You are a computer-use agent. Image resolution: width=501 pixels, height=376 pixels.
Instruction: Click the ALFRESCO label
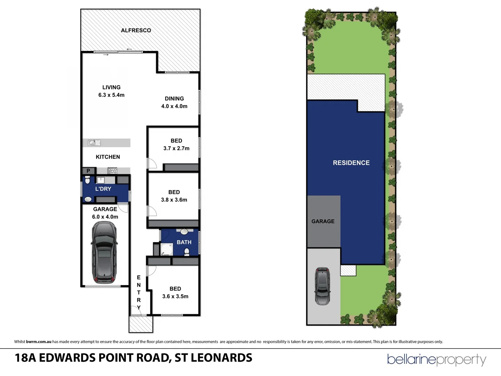coord(136,30)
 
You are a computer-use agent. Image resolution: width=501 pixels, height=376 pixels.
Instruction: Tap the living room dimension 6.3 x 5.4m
coord(111,95)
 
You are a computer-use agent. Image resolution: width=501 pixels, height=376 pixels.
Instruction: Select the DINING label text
coord(174,99)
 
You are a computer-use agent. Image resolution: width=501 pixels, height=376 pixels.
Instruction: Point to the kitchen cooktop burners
coord(112,171)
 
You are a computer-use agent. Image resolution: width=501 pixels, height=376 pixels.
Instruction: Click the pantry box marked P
coord(88,171)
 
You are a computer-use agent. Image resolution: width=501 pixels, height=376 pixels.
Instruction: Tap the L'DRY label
coord(103,189)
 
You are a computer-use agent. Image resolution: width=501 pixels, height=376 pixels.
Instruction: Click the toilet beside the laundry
coord(87,180)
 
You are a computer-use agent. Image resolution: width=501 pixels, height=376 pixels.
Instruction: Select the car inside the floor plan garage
coord(104,252)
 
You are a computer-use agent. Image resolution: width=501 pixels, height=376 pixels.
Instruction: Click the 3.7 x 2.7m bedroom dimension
coord(176,148)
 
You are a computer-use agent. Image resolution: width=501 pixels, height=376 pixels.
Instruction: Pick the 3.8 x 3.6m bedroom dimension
coord(174,200)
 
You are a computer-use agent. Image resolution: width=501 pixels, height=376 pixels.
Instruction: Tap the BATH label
coord(184,242)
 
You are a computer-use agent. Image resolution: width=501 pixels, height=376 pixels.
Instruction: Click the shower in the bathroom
coord(166,249)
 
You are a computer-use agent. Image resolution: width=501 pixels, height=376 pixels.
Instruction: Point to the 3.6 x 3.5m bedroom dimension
coord(175,296)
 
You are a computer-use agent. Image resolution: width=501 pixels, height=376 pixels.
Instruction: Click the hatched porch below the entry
coord(141,324)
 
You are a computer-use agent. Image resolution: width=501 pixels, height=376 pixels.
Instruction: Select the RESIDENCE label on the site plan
coord(351,163)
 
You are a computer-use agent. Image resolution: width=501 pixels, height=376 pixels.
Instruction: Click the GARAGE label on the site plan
coord(323,221)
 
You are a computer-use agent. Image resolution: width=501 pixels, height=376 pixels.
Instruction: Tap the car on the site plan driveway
coord(323,286)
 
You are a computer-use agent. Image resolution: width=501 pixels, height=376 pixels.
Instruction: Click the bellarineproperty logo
coord(437,360)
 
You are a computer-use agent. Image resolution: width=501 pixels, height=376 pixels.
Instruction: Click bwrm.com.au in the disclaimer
coord(39,342)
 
